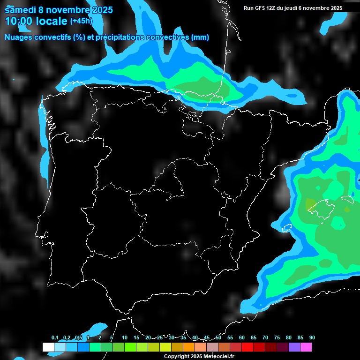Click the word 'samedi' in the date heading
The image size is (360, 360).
click(x=21, y=9)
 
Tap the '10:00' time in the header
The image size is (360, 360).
click(x=19, y=21)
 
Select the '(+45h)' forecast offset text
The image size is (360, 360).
click(x=81, y=21)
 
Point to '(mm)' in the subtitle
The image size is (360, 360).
click(x=199, y=37)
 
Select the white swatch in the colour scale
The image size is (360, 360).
click(x=48, y=347)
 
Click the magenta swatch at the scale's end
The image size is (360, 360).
click(x=306, y=347)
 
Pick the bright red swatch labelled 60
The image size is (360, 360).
click(x=247, y=347)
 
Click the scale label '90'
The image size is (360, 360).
click(x=312, y=338)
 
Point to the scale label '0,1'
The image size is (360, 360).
click(x=55, y=338)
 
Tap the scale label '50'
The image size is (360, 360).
click(x=218, y=338)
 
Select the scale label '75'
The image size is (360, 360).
click(x=277, y=338)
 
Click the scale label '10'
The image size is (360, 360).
click(x=125, y=338)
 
